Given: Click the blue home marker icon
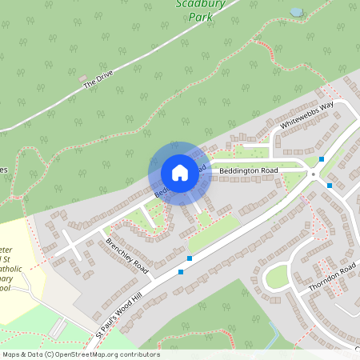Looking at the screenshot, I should (180, 172).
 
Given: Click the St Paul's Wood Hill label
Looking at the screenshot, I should (127, 306).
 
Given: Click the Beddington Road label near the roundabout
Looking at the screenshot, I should (249, 170).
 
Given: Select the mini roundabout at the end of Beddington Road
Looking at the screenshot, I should (313, 174).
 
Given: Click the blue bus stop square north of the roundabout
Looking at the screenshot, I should (322, 158).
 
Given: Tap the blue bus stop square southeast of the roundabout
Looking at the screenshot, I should (330, 186).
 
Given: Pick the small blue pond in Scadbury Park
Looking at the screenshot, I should (296, 12).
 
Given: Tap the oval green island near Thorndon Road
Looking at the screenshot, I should (276, 277).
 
